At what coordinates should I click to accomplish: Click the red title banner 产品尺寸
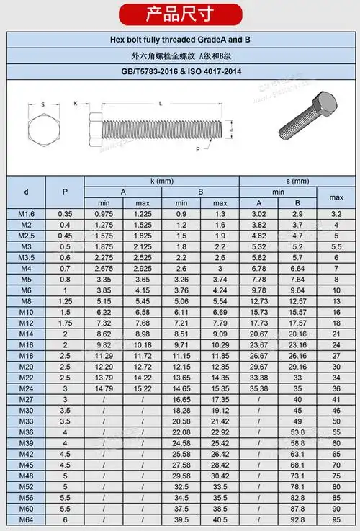tap(179, 14)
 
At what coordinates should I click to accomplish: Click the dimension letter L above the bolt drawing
tap(159, 104)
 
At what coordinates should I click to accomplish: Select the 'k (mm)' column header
tap(162, 181)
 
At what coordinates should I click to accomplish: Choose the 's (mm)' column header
tap(296, 181)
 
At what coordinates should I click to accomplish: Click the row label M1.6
tap(27, 214)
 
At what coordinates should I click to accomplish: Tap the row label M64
tap(27, 519)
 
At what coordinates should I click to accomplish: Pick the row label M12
tap(27, 323)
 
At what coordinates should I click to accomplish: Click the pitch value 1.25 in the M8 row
tap(66, 301)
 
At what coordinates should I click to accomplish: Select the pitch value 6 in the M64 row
tap(66, 519)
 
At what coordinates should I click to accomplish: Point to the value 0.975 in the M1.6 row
tap(104, 214)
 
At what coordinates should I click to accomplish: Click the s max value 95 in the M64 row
tap(336, 519)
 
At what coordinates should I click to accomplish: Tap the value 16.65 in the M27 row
tap(181, 399)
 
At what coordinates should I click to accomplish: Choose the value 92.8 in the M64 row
tap(297, 519)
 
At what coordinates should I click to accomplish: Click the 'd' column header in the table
tap(27, 192)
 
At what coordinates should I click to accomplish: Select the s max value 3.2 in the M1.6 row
tap(336, 214)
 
